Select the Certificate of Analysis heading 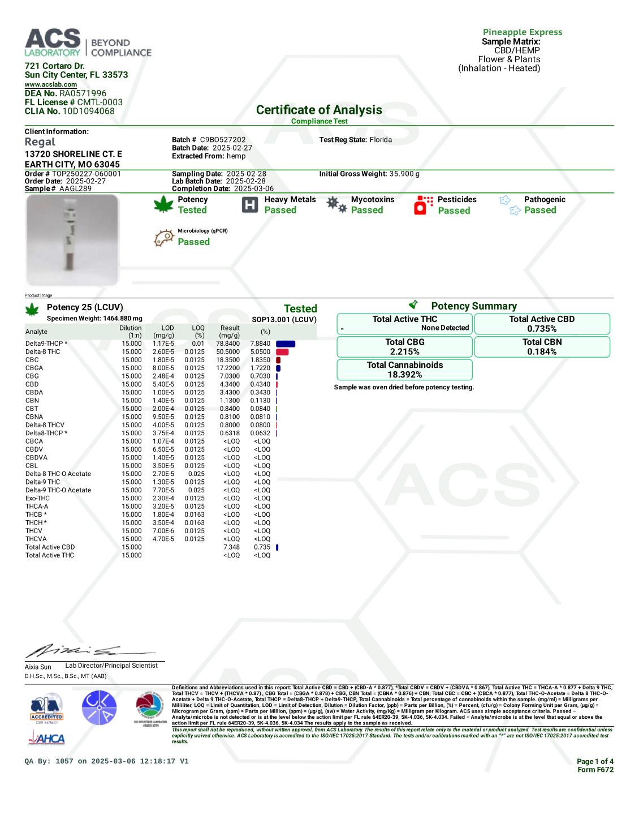(319, 110)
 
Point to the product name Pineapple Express (522, 32)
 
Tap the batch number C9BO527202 (223, 140)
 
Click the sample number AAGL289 (75, 188)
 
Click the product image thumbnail (72, 240)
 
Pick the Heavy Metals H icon (249, 205)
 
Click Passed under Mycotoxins (366, 210)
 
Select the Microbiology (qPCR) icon (164, 238)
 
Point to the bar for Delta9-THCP (286, 344)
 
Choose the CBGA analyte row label (34, 368)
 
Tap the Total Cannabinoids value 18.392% (404, 375)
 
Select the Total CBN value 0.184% (542, 351)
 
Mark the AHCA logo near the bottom (46, 738)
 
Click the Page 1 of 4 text (594, 761)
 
